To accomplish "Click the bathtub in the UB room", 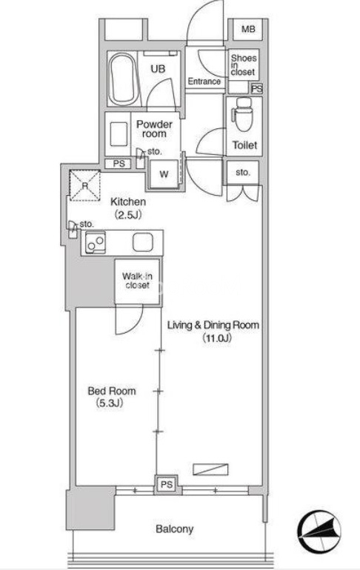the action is [124, 78].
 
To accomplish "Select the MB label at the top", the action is [248, 29].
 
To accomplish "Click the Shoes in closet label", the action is [244, 64].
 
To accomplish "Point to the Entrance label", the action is [204, 82].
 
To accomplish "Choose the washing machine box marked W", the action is [164, 174].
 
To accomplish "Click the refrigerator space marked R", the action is [85, 185].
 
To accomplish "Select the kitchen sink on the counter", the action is [142, 242].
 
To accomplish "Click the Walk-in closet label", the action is [137, 281].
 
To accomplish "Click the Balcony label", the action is [174, 529].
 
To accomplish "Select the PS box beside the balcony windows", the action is [167, 485].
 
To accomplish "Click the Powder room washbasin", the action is [119, 134].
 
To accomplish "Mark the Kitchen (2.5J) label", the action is [128, 208].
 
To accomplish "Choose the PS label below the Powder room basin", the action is [119, 164].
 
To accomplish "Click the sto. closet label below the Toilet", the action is [243, 172].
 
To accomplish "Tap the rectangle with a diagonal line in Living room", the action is [210, 469].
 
